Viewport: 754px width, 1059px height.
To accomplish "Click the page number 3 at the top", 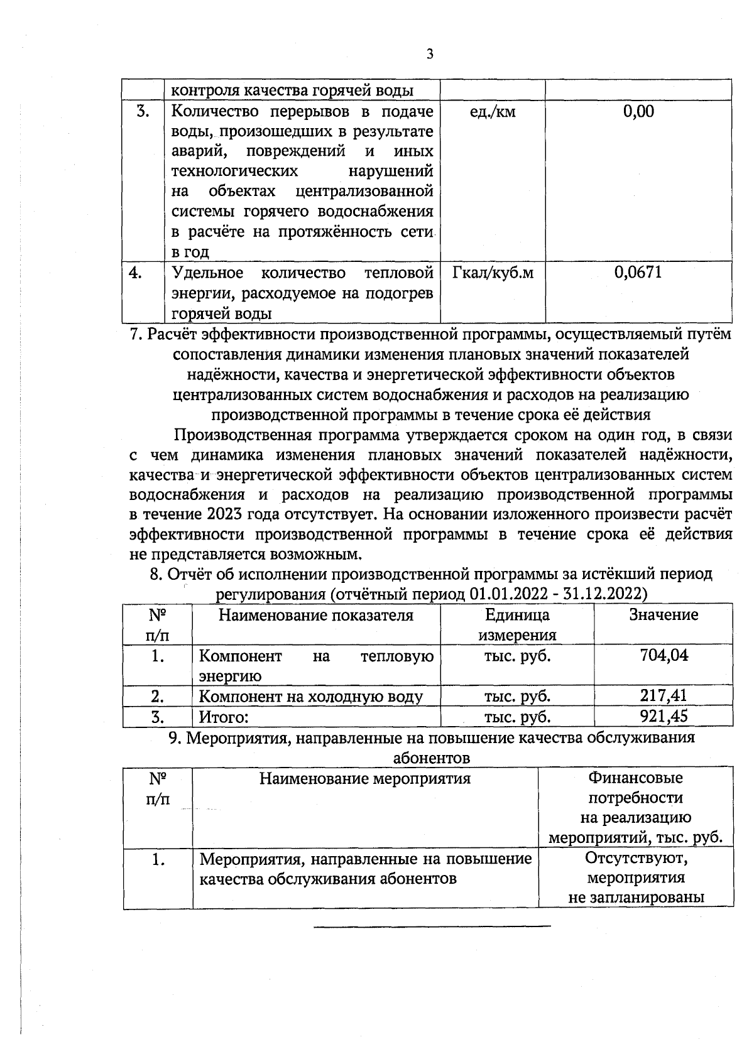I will [430, 54].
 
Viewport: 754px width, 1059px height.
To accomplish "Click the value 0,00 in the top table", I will [638, 112].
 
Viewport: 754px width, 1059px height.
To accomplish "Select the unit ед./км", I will [493, 112].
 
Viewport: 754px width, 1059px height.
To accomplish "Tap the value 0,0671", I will [638, 273].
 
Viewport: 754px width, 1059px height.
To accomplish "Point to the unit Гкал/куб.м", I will [493, 273].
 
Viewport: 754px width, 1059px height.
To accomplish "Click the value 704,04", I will [664, 656].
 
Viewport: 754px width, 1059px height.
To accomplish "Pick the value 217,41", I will [664, 695].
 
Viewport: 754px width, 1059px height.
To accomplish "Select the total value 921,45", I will [664, 716].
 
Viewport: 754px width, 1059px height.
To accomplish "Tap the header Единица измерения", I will [517, 624].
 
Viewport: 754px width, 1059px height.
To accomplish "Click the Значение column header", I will [664, 615].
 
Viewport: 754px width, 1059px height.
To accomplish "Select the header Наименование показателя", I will [316, 616].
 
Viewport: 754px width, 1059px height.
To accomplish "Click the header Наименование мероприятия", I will [365, 779].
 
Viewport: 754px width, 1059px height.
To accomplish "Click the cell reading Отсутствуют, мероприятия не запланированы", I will [636, 877].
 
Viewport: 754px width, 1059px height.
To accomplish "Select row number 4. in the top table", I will [135, 273].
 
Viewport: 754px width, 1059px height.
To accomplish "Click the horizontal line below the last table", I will [432, 926].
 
